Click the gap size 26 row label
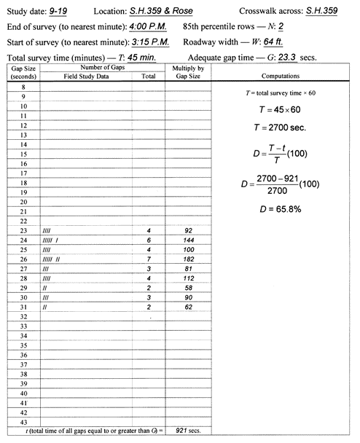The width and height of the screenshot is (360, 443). point(24,259)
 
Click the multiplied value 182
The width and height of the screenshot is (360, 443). point(187,259)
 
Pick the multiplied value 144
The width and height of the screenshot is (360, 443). point(187,238)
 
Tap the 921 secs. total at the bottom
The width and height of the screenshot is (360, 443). point(187,432)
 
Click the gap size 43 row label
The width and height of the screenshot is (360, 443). point(24,421)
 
